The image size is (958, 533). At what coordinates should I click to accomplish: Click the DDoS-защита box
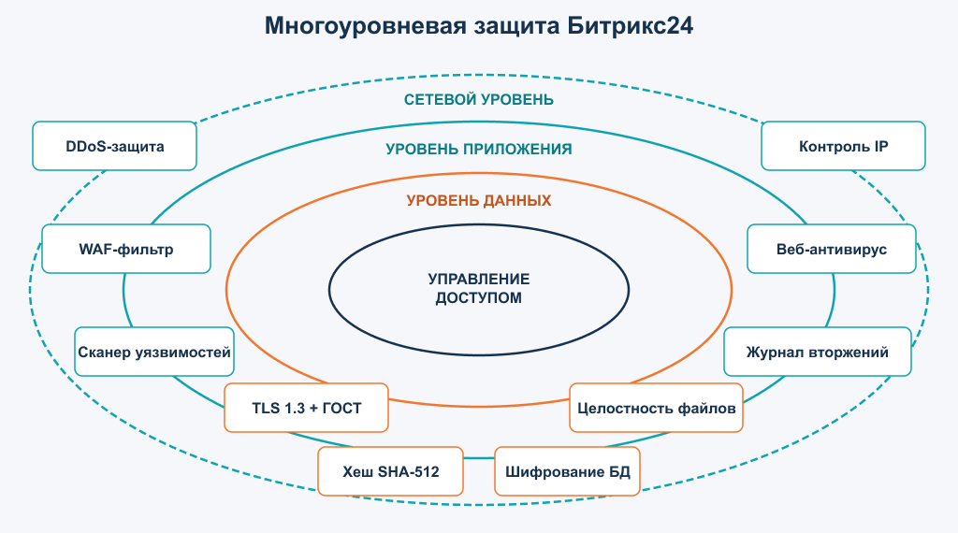[114, 146]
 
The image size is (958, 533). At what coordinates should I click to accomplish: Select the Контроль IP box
[843, 146]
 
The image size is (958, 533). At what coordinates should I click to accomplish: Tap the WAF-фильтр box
[126, 249]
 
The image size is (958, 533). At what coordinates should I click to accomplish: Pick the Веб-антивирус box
[832, 249]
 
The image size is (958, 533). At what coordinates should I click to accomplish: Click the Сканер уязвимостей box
[154, 352]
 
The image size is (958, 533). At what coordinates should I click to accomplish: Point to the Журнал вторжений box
[818, 352]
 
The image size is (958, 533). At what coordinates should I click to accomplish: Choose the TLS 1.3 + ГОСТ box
[306, 408]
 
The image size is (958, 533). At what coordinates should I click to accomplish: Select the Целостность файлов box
[656, 408]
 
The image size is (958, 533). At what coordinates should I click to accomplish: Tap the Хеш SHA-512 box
[390, 471]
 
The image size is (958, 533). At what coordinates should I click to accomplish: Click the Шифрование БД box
[567, 471]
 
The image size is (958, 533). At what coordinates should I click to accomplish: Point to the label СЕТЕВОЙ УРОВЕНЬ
[479, 99]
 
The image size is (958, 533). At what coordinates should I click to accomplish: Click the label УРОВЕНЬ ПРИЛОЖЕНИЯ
[479, 149]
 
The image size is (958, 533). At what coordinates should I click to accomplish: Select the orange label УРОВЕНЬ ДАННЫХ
[479, 200]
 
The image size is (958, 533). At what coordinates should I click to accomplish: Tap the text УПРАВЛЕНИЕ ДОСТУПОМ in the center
[479, 288]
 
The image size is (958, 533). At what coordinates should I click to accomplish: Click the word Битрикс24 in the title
[630, 26]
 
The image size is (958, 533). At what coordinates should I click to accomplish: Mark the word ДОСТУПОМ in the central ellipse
[479, 298]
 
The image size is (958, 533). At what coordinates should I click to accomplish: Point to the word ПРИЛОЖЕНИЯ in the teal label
[517, 149]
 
